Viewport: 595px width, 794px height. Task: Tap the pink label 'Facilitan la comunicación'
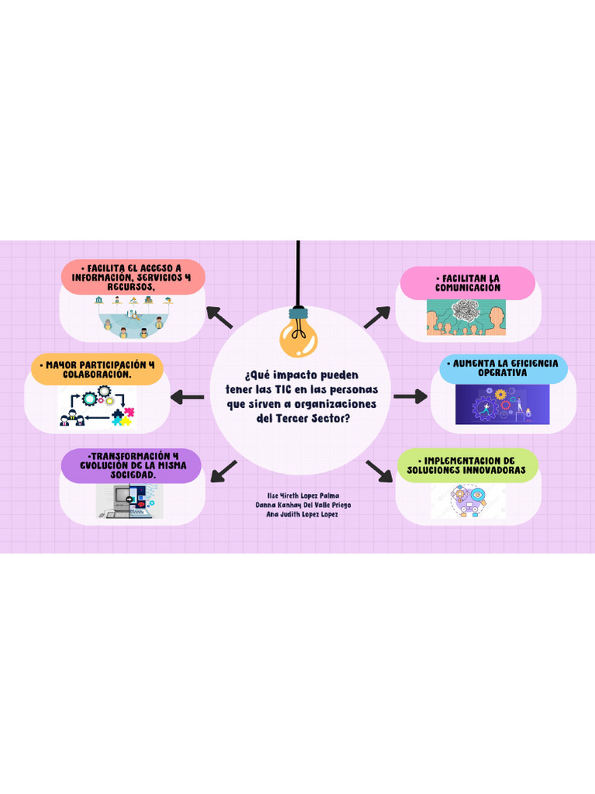coord(467,283)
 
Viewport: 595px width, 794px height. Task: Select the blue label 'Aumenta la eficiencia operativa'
coord(503,368)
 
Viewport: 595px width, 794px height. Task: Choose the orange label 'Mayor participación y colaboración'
coord(98,369)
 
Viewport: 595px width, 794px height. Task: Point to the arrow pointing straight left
coord(186,397)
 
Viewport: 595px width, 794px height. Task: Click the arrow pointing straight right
coord(410,396)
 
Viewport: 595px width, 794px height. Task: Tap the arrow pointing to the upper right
coord(377,316)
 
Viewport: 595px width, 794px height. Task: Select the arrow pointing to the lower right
coord(380,471)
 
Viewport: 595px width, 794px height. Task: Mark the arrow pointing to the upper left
coord(219,316)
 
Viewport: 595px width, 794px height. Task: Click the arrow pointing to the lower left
coord(224,470)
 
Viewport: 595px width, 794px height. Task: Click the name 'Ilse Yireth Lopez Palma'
coord(303,495)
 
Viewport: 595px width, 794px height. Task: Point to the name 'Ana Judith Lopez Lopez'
coord(302,513)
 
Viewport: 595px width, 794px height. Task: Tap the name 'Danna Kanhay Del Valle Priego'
coord(303,504)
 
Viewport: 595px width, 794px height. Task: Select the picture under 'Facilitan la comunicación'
coord(466,317)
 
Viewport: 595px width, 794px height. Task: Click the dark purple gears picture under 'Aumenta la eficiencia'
coord(502,405)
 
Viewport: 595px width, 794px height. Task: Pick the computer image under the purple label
coord(130,501)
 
